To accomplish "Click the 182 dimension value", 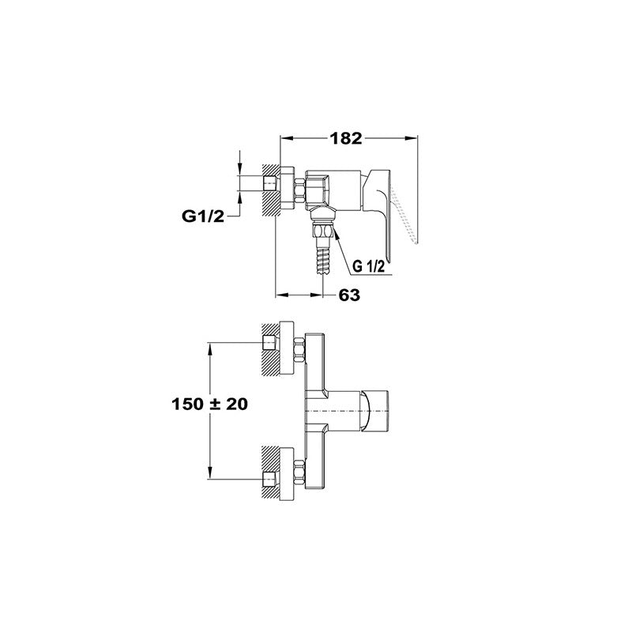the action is [346, 138].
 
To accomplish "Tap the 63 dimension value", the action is [349, 295].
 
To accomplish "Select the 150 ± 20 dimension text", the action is [209, 404].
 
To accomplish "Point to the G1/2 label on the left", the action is [203, 216].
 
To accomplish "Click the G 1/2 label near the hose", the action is [368, 266].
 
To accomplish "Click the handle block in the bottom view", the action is [374, 411].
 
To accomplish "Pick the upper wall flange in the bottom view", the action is [287, 348].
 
